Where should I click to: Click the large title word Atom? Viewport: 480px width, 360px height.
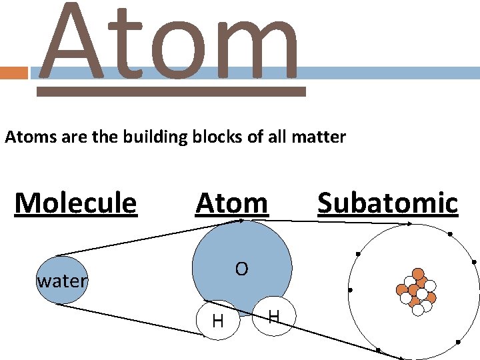(x=170, y=43)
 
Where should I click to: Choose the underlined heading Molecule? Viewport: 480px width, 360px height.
(x=75, y=203)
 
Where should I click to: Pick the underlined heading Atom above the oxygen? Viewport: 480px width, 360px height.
(x=232, y=203)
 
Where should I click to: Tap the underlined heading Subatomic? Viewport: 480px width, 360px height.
(x=387, y=203)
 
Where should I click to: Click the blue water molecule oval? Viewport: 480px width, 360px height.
(x=61, y=281)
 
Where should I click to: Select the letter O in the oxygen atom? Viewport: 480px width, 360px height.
(x=241, y=269)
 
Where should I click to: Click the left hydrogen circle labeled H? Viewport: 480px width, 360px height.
(x=218, y=320)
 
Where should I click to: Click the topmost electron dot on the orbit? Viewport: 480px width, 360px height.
(x=450, y=234)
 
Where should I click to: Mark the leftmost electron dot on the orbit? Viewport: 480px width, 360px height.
(x=350, y=291)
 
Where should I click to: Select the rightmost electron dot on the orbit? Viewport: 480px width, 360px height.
(x=475, y=263)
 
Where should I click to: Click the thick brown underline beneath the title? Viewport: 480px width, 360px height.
(x=171, y=92)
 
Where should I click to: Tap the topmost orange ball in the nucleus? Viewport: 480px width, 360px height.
(x=418, y=273)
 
